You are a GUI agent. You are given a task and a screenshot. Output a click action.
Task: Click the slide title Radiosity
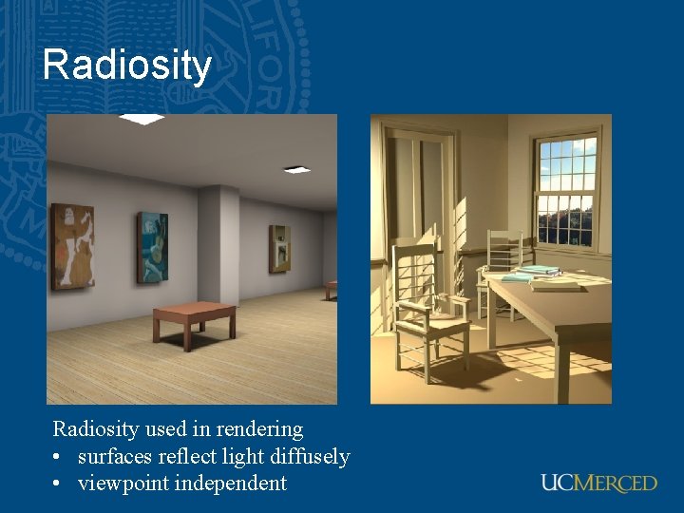[126, 66]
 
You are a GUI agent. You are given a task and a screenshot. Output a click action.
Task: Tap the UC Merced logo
[598, 483]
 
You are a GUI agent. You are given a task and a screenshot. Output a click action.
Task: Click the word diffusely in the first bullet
[303, 457]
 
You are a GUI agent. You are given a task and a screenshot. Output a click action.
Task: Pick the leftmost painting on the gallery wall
[73, 246]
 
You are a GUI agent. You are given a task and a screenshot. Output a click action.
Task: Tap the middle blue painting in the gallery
[152, 247]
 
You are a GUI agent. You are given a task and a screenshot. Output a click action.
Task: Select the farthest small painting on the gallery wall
[279, 248]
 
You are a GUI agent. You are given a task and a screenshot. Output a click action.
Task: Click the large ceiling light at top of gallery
[142, 119]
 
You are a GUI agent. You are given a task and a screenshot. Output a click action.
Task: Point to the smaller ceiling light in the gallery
[296, 170]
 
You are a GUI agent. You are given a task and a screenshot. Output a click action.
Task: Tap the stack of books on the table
[530, 274]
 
